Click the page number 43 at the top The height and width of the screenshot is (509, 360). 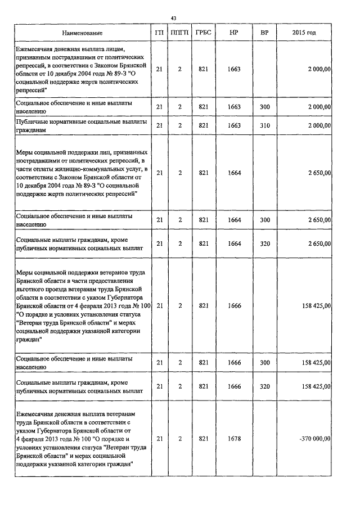[180, 19]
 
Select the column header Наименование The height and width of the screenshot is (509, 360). [79, 33]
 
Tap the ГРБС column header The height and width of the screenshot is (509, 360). [204, 33]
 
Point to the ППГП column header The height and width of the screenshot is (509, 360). [180, 33]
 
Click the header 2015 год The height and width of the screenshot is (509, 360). [304, 33]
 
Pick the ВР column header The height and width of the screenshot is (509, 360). [264, 33]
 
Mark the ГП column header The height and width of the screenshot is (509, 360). [160, 33]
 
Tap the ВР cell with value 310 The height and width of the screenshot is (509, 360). [264, 125]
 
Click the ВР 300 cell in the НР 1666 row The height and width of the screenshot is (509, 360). [264, 363]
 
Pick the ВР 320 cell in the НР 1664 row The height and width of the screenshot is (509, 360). [264, 244]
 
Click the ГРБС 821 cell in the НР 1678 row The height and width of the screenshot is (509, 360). [204, 439]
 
